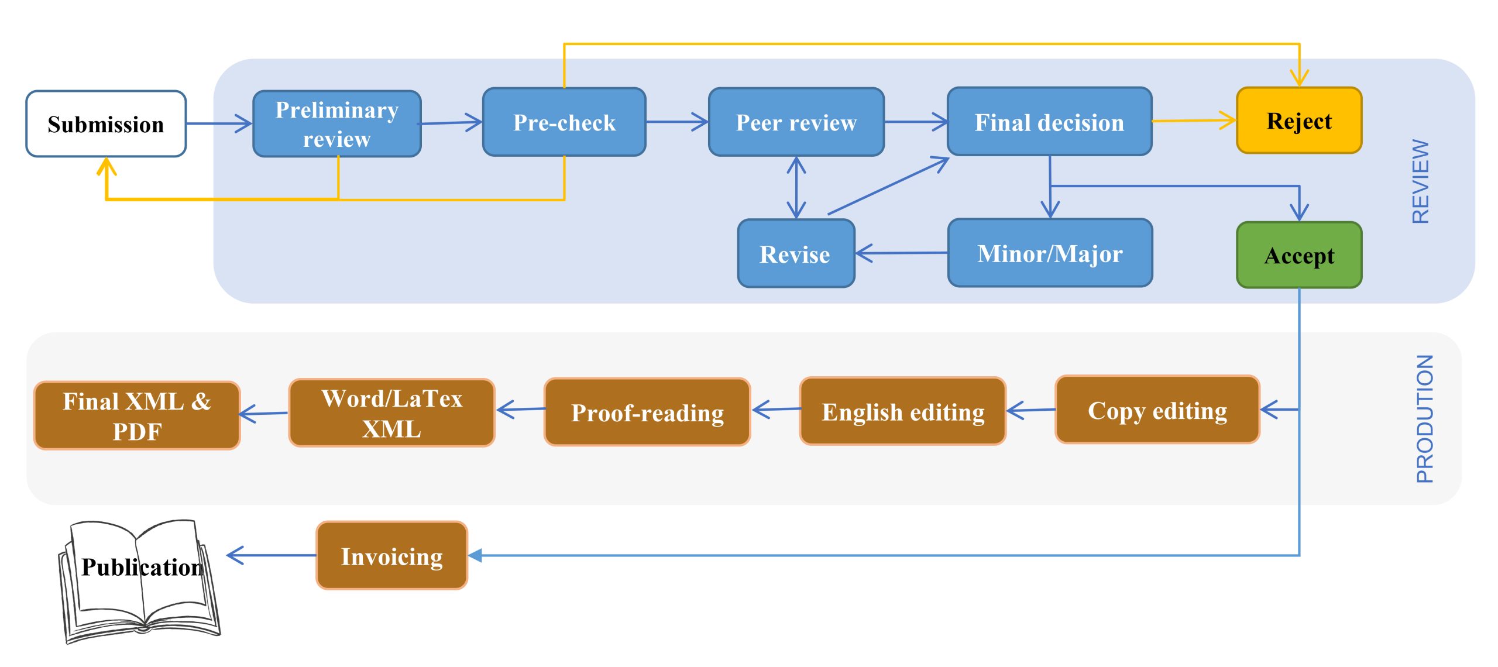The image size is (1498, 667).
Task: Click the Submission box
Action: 106,124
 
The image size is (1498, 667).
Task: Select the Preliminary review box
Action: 337,124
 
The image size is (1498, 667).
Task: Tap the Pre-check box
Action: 564,122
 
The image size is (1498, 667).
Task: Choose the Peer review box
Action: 796,122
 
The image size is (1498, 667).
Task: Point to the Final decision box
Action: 1049,122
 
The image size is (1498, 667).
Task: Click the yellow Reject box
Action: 1299,121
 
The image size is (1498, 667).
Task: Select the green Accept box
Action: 1299,255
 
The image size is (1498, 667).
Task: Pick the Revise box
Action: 795,254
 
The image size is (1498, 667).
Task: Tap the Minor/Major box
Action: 1050,253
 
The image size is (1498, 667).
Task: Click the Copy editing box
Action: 1157,410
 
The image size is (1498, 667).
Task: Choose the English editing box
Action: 902,411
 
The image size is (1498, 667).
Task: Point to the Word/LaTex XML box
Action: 391,413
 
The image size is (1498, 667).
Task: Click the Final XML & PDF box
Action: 137,416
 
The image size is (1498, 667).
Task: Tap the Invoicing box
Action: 391,556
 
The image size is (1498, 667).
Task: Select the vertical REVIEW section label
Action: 1421,181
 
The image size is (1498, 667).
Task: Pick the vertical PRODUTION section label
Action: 1424,419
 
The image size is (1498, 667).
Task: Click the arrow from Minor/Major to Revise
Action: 901,253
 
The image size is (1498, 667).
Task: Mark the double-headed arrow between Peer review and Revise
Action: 796,187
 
